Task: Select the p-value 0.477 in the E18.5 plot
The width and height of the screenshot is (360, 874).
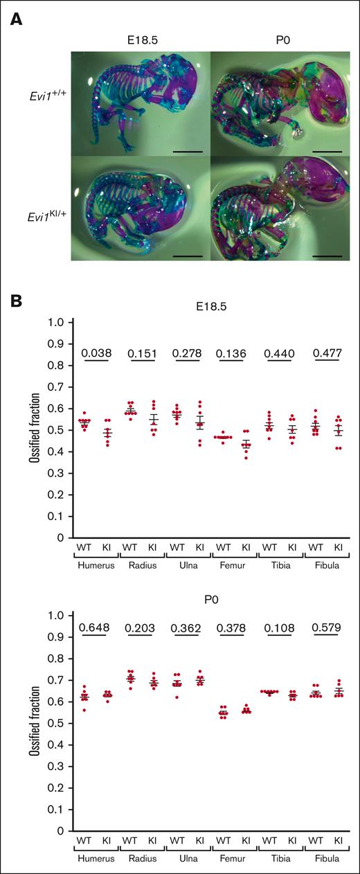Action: pos(327,353)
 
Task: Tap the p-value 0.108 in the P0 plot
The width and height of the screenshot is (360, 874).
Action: pos(281,627)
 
